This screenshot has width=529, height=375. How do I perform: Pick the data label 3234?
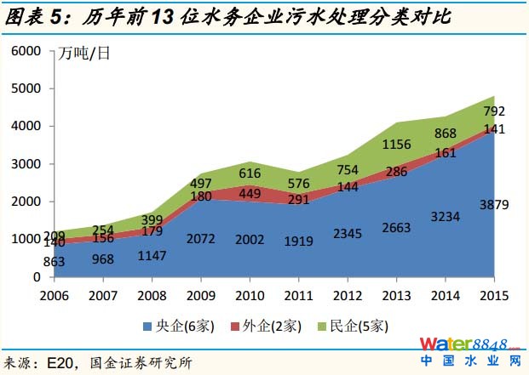point(446,216)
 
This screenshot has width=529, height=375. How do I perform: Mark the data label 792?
point(494,111)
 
